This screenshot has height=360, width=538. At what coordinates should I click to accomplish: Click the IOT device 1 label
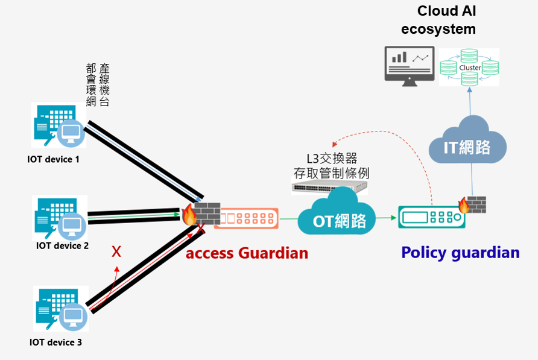53,159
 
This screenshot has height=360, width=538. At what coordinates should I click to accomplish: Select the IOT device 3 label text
55,343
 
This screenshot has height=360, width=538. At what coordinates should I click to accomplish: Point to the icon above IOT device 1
59,125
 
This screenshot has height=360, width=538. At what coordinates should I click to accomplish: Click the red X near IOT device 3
116,251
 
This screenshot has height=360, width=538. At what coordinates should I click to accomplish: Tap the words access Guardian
247,253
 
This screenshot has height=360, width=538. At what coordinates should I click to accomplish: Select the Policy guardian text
460,252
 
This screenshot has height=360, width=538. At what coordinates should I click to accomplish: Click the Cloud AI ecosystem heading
446,20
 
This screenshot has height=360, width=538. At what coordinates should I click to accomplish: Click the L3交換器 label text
331,158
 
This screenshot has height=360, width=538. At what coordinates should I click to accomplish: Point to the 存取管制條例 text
331,174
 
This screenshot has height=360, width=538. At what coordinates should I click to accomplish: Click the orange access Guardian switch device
246,217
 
